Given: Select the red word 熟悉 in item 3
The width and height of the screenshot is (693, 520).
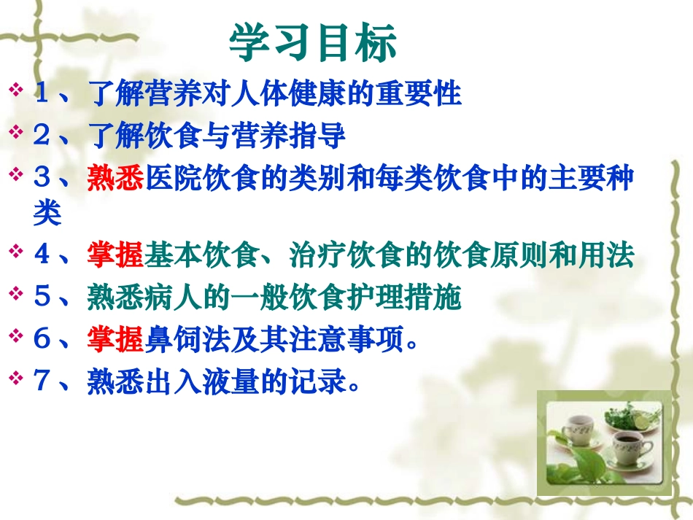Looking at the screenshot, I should click(115, 177).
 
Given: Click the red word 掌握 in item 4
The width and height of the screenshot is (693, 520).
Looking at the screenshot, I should click(115, 255).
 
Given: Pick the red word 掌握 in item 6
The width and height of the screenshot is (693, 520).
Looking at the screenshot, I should click(115, 339).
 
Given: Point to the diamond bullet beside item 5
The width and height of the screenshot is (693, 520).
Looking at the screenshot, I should click(15, 295).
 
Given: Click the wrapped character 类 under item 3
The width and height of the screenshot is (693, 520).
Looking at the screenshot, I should click(47, 212).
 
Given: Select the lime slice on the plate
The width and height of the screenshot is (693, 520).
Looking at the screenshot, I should click(645, 422).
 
